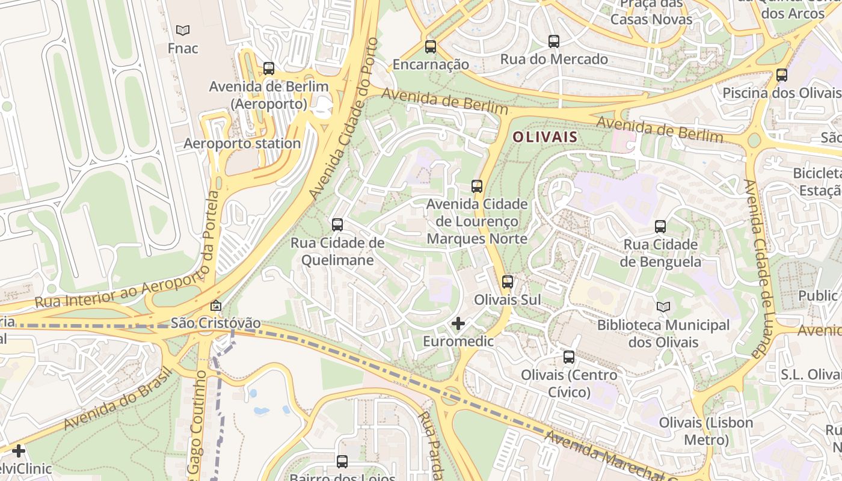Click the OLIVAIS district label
(545, 137)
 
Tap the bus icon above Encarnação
(431, 46)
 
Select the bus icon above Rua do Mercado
(554, 41)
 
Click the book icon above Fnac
(183, 30)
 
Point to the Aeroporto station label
(242, 144)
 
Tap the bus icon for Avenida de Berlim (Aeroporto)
(269, 69)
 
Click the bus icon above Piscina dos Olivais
(782, 75)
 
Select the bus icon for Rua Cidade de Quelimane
(337, 225)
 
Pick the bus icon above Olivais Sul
(508, 281)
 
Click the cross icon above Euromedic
(458, 323)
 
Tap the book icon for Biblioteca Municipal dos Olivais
(663, 307)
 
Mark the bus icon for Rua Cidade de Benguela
(660, 227)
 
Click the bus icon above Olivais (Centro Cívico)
(569, 357)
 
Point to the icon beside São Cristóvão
(216, 305)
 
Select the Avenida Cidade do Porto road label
(344, 119)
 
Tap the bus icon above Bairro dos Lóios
(342, 461)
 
